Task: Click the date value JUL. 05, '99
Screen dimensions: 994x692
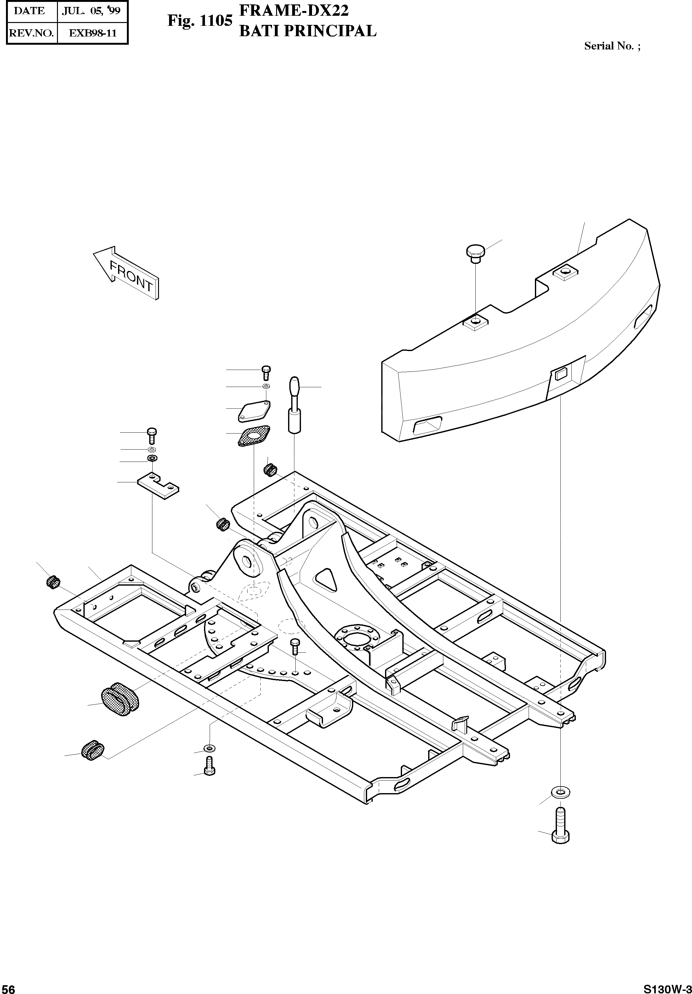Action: point(91,11)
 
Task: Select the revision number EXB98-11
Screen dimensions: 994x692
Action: point(93,33)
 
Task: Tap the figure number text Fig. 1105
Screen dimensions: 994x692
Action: point(200,21)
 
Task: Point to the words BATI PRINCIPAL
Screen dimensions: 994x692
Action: point(308,31)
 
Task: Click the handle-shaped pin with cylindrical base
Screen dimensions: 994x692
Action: point(294,404)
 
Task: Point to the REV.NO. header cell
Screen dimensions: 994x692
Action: point(31,33)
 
